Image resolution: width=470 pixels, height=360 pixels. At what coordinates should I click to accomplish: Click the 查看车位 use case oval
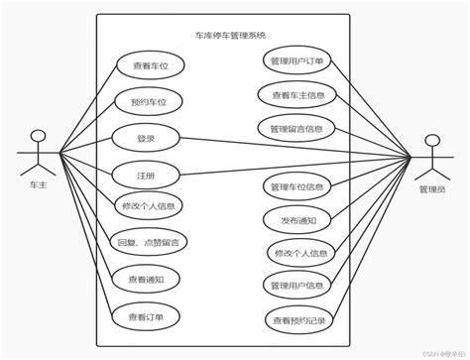tap(148, 66)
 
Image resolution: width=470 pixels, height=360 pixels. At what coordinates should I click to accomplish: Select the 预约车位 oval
tap(148, 102)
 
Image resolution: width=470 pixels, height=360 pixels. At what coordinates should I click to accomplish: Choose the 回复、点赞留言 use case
tap(148, 241)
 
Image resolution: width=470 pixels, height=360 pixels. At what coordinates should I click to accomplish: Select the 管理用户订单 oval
tap(297, 62)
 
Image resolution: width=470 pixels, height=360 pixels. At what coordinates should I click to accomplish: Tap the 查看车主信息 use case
tap(297, 96)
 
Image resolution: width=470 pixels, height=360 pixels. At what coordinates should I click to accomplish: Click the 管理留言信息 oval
tap(297, 128)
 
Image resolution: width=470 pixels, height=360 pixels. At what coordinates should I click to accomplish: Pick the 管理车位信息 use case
tap(297, 185)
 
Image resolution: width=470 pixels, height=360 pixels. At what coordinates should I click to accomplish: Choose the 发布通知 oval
tap(297, 220)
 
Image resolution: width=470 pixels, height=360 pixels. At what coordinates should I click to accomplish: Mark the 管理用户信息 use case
tap(297, 286)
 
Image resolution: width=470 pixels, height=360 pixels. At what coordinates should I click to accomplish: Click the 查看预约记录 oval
tap(297, 319)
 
